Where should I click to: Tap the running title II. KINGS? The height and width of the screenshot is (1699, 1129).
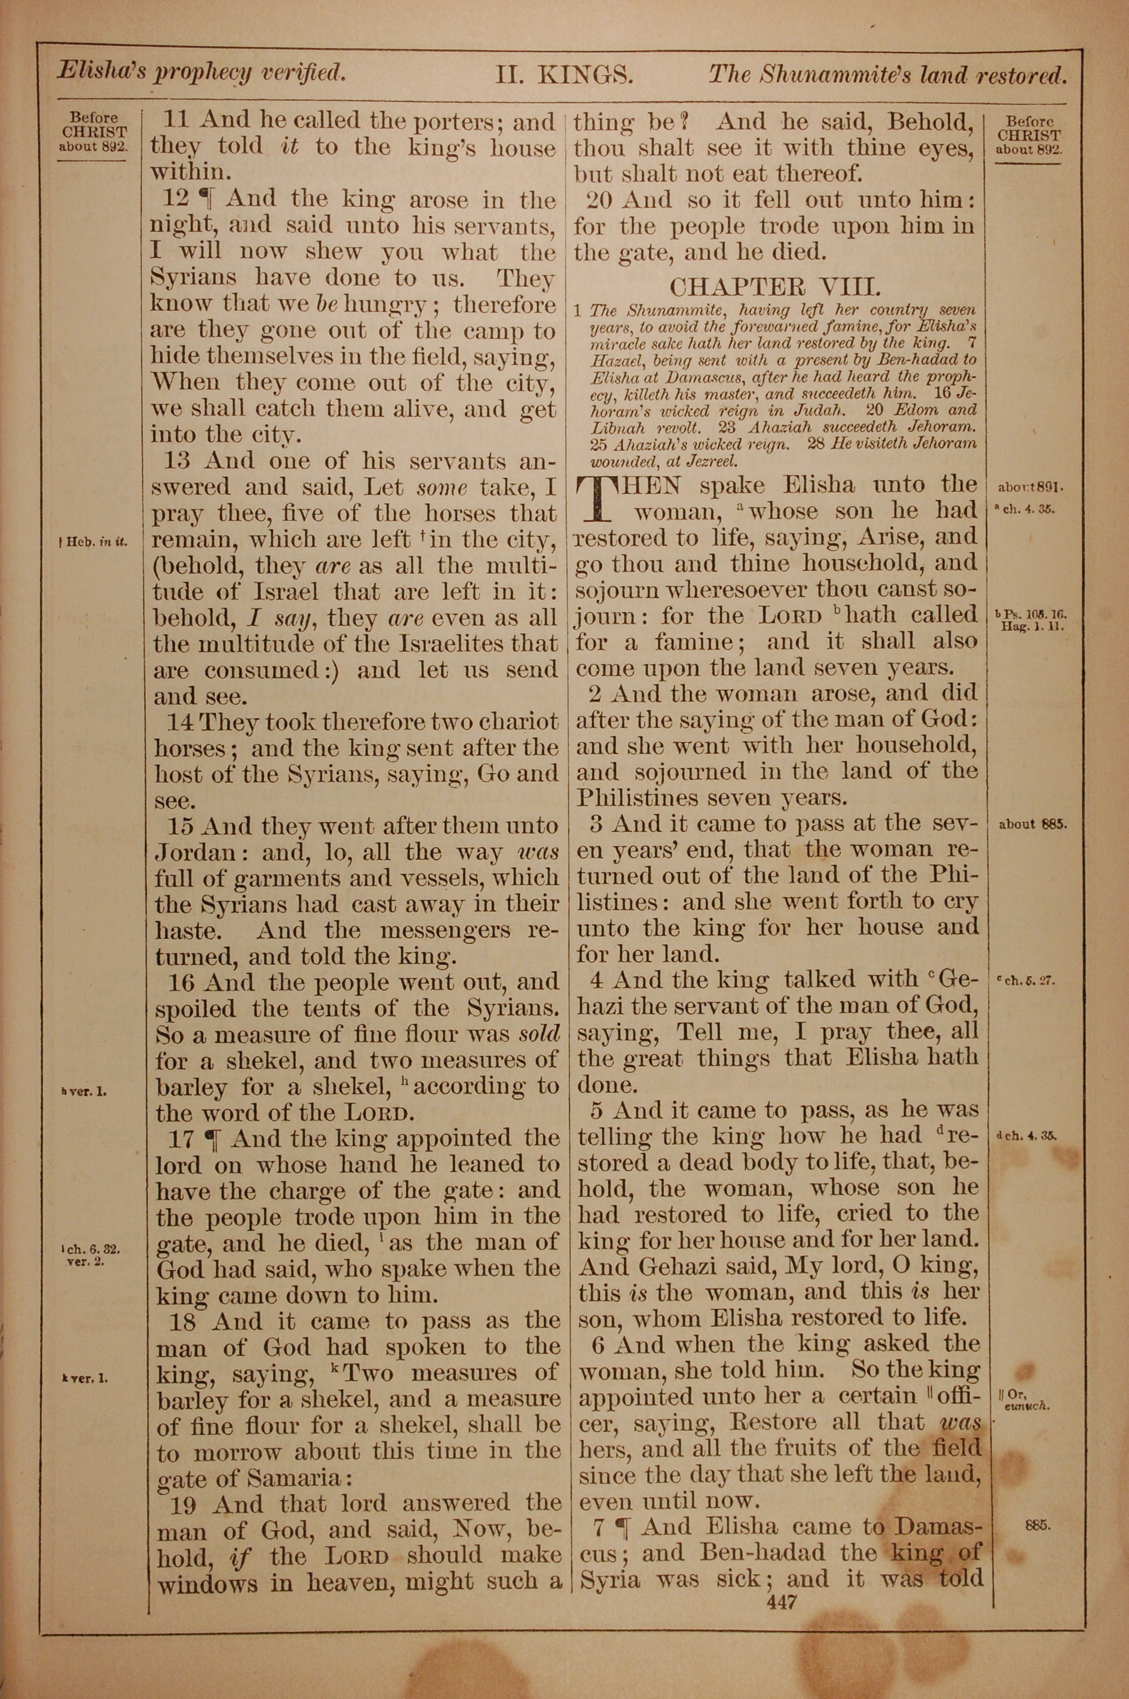coord(562,75)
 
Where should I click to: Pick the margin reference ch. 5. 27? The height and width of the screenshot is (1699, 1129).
coord(1026,980)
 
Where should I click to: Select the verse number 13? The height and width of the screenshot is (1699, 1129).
coord(180,461)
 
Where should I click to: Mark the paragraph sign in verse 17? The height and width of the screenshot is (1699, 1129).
coord(212,1139)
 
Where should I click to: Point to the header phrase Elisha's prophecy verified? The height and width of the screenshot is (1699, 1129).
coord(202,72)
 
